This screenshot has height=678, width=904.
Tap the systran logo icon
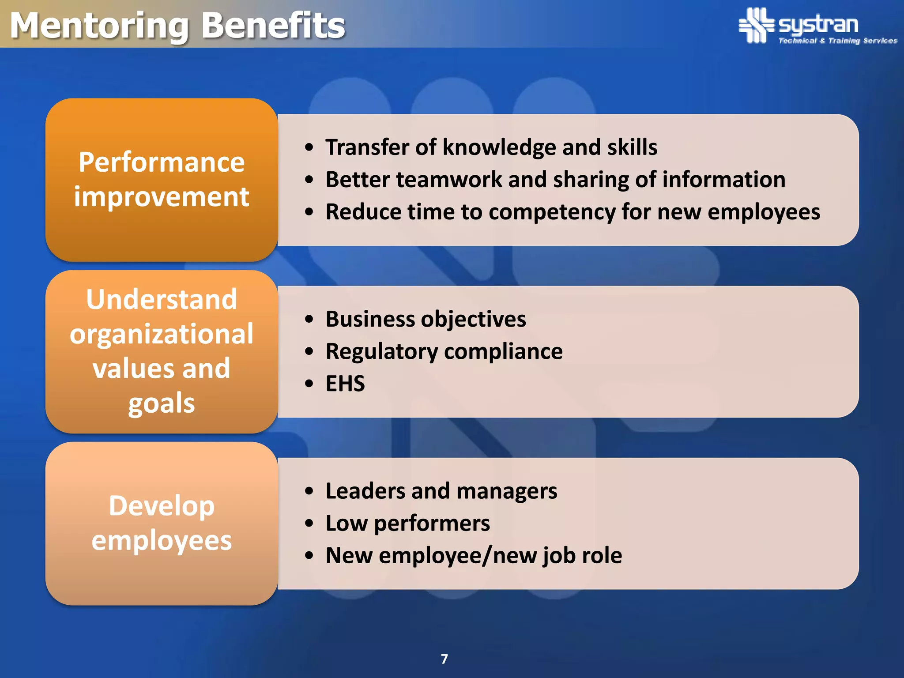point(757,25)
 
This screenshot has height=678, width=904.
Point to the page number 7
point(444,659)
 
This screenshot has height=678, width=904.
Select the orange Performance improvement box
point(162,179)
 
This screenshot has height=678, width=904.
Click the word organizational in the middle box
point(162,334)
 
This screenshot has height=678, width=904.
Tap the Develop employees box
point(162,523)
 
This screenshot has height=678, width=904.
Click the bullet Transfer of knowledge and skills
point(491,147)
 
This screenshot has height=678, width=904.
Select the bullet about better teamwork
point(555,180)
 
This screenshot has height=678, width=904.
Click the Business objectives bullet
point(426,319)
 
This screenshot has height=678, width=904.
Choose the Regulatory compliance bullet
point(444,351)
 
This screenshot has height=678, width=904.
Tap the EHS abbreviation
point(345,384)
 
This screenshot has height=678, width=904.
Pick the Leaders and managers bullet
point(441,491)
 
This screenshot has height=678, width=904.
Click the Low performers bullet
point(407,523)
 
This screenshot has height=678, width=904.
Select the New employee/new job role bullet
point(474,555)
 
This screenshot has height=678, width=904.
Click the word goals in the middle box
point(162,403)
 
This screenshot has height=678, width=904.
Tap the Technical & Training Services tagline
point(837,41)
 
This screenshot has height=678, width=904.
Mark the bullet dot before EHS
point(309,384)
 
